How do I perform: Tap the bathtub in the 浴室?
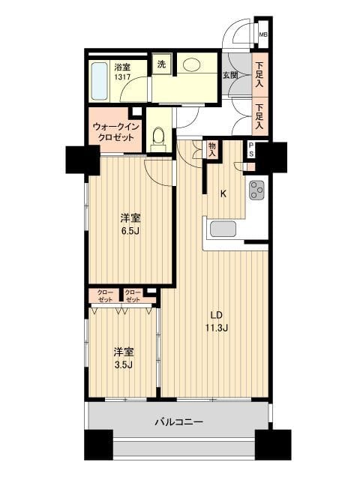100,82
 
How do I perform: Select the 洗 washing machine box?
161,64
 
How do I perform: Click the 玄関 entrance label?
229,74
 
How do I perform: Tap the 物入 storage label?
212,150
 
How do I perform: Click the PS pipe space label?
251,149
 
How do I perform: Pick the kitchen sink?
223,229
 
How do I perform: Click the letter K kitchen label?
223,193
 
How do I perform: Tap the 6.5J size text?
130,231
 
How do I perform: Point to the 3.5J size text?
124,366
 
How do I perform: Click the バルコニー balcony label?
178,422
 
